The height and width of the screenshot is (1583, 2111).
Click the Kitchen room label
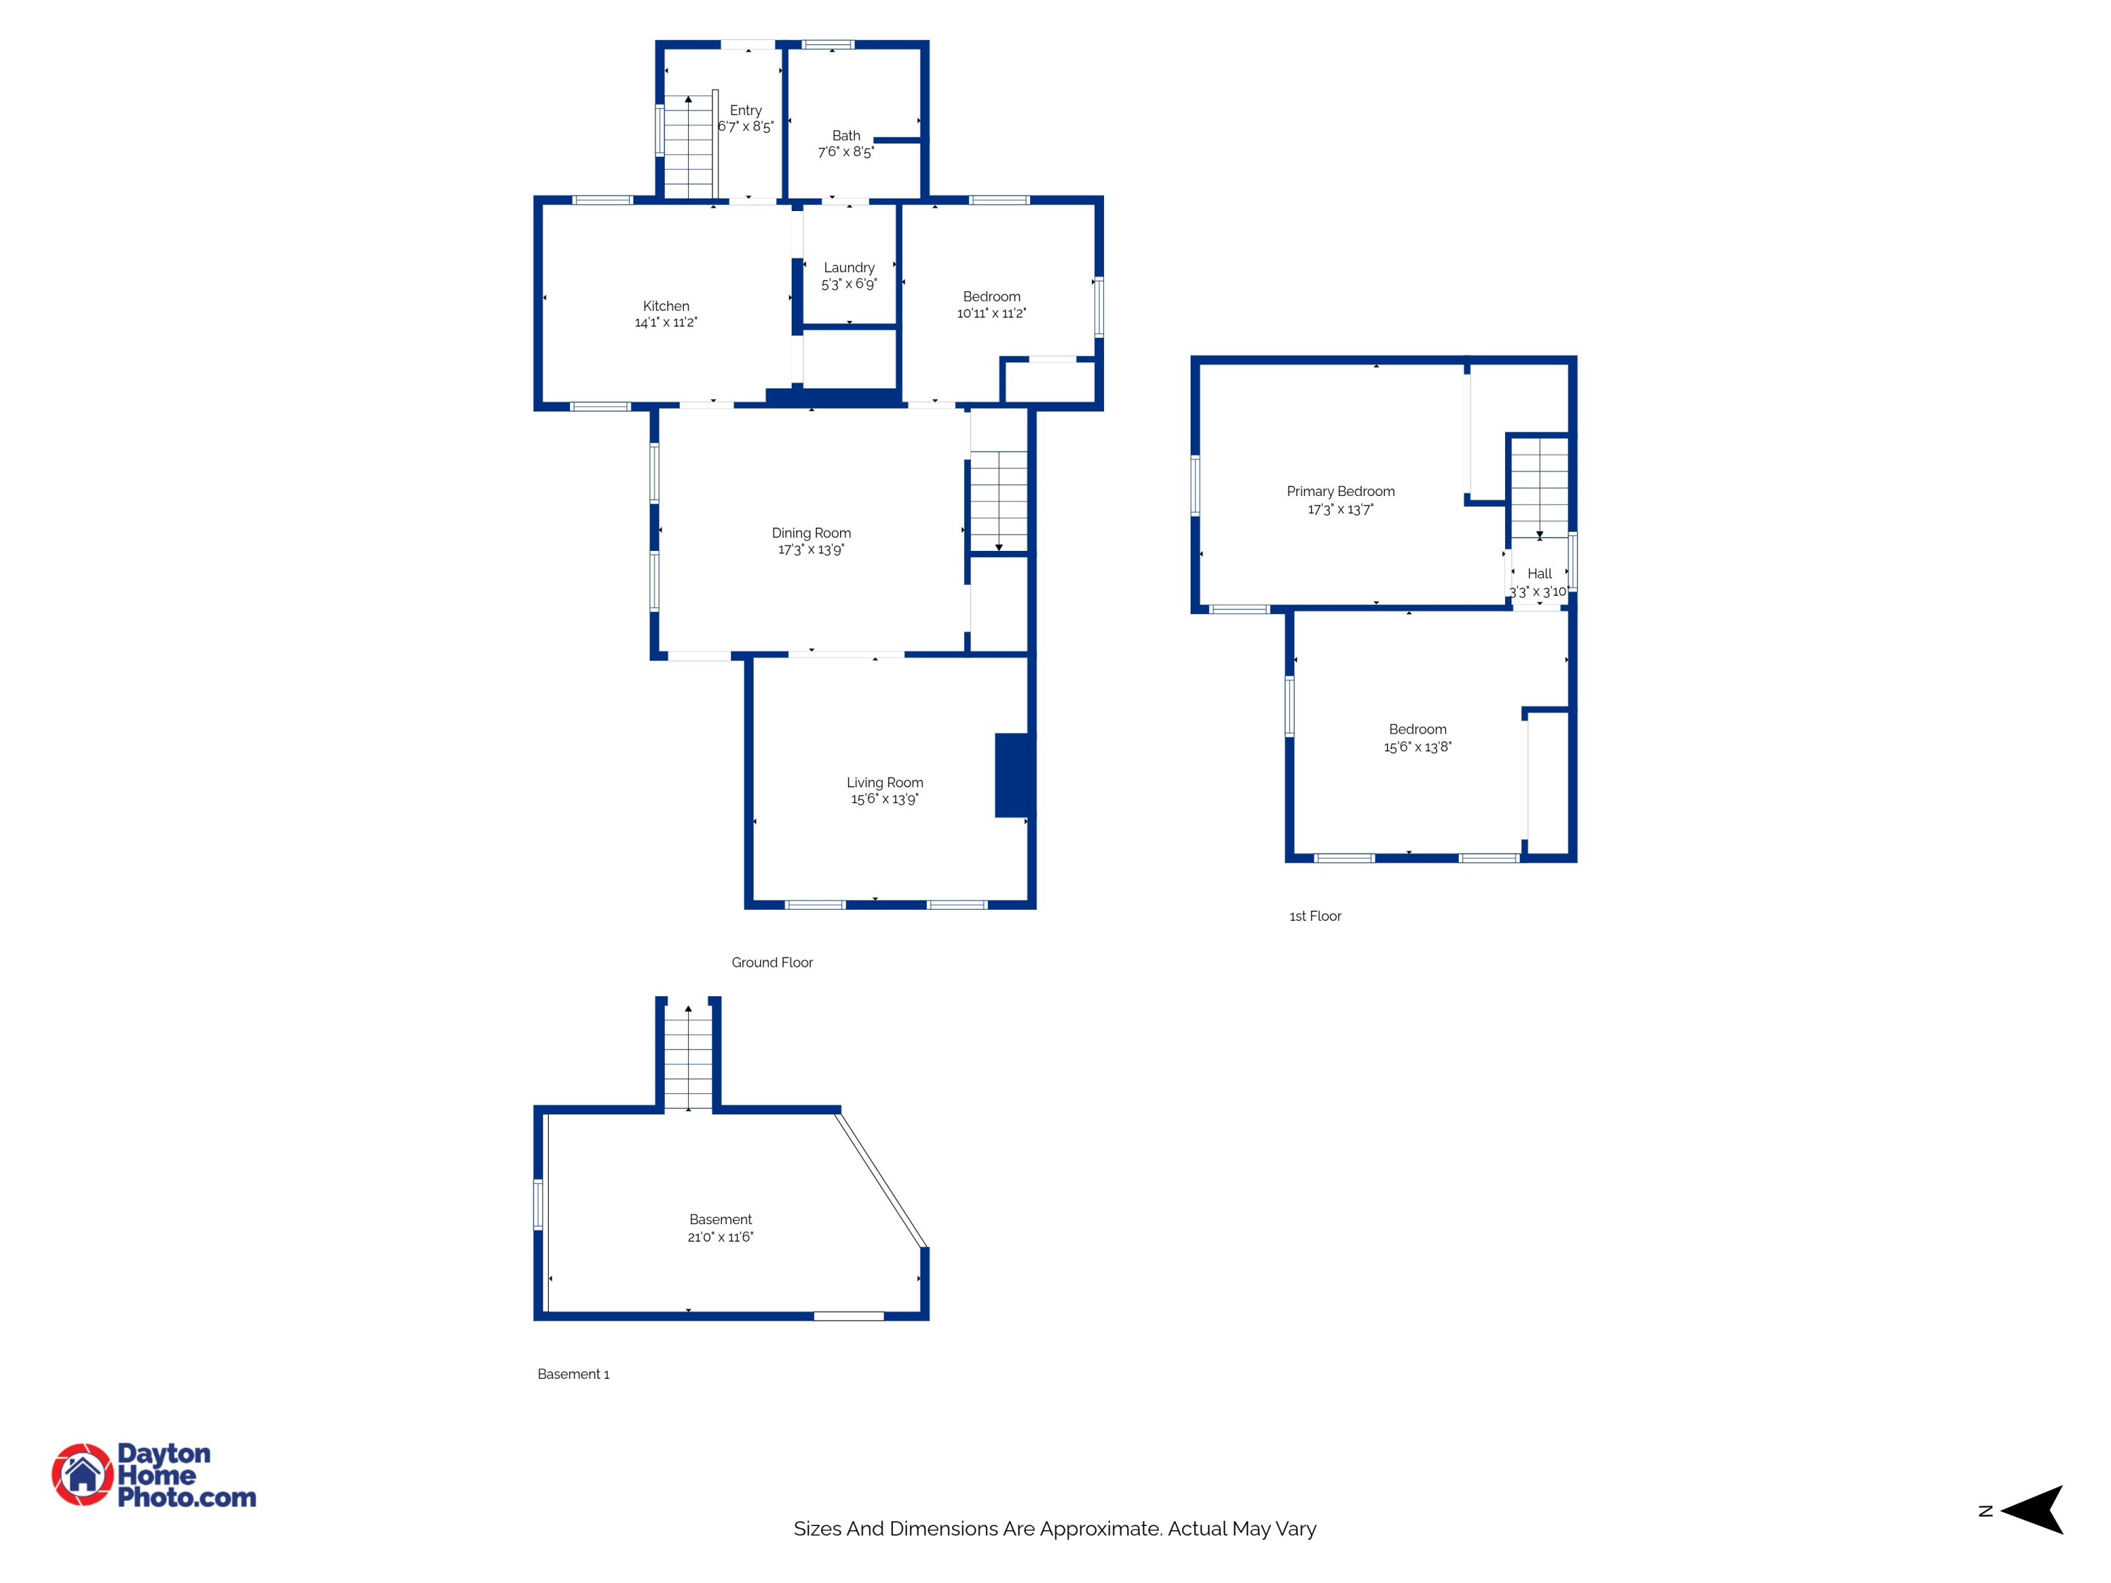666,306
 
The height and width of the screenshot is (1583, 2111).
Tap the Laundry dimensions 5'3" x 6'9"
849,284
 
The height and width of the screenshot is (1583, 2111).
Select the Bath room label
847,136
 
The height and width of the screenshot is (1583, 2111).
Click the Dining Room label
811,533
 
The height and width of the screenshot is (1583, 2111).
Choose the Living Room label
885,782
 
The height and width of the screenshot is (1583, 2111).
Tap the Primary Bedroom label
1341,491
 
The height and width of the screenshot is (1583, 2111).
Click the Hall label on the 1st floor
1540,573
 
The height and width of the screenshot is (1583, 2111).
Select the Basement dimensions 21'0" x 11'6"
721,1237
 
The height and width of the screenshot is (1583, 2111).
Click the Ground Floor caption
772,962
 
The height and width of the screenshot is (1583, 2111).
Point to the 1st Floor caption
1315,916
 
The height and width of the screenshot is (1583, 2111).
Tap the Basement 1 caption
573,1374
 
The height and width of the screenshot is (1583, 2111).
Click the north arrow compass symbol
2033,1510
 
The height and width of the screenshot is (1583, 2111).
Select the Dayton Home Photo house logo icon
82,1474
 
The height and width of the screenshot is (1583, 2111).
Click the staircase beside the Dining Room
999,500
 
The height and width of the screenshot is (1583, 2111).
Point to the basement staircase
688,1057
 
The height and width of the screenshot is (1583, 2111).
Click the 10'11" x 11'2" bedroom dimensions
991,313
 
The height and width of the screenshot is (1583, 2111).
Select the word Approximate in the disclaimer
1101,1529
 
